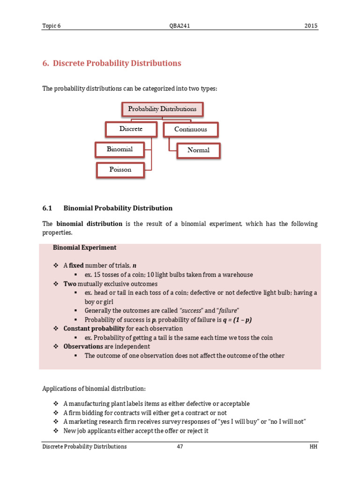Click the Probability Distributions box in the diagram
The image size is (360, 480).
(163, 109)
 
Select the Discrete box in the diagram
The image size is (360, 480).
(131, 128)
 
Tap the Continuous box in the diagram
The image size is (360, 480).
(191, 129)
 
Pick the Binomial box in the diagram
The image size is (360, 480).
(120, 150)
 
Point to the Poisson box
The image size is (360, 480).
(120, 170)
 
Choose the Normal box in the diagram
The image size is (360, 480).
(198, 150)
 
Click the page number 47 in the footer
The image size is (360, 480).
(180, 447)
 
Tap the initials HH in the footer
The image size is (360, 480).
(314, 447)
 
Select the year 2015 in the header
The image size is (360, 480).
(311, 26)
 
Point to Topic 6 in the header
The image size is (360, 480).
(52, 26)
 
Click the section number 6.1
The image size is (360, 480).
(49, 208)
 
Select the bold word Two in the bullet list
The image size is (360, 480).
(70, 284)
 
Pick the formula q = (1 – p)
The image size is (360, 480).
(236, 320)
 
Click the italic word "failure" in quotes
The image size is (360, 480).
(226, 311)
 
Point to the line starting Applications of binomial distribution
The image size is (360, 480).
(94, 389)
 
